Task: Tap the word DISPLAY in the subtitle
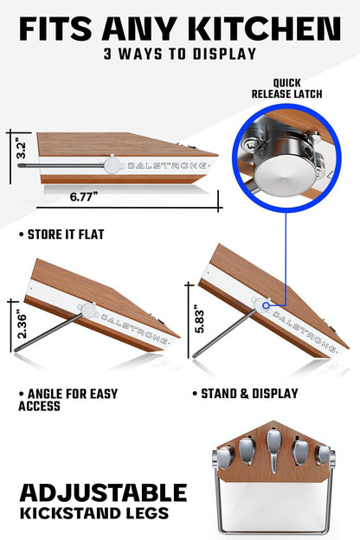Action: (224, 54)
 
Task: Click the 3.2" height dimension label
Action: (21, 151)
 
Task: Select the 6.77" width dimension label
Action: (84, 197)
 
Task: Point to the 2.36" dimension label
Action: (22, 325)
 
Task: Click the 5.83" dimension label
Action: (199, 319)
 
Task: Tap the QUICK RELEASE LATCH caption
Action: (286, 88)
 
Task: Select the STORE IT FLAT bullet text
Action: (62, 235)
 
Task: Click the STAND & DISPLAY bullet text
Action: (246, 394)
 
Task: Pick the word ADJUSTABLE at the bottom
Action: (103, 492)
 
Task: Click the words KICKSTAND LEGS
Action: (94, 513)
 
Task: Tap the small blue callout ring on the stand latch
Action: (266, 305)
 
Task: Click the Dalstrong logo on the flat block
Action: (167, 165)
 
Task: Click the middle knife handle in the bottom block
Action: (273, 450)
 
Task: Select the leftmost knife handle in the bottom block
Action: (225, 457)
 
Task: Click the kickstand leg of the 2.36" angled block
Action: (48, 332)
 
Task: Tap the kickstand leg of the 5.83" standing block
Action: (224, 333)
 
